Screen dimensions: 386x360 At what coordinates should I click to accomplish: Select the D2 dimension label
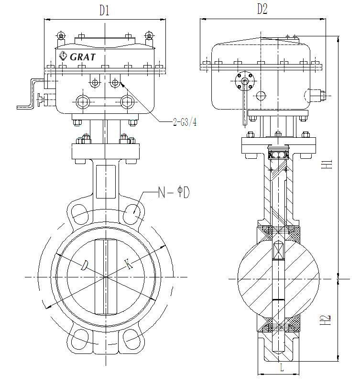click(x=262, y=9)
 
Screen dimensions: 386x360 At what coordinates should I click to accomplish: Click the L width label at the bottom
click(x=282, y=368)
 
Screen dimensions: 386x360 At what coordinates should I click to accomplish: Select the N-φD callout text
click(x=174, y=193)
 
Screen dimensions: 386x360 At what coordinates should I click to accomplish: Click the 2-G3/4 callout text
click(x=185, y=122)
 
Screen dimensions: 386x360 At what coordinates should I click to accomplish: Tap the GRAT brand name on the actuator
click(x=83, y=56)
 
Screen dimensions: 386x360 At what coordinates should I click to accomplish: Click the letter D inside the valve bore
click(x=84, y=265)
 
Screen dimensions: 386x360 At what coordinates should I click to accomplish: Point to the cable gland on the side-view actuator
click(x=318, y=95)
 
